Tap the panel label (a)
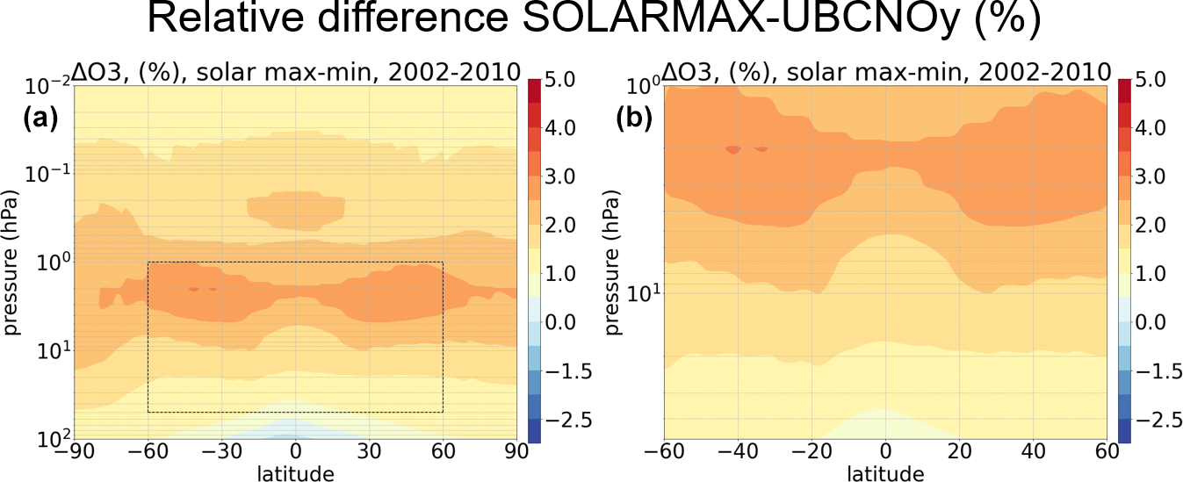(40, 118)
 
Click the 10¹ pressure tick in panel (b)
(640, 292)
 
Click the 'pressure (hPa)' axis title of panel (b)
(611, 263)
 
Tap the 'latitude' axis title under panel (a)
(295, 473)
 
